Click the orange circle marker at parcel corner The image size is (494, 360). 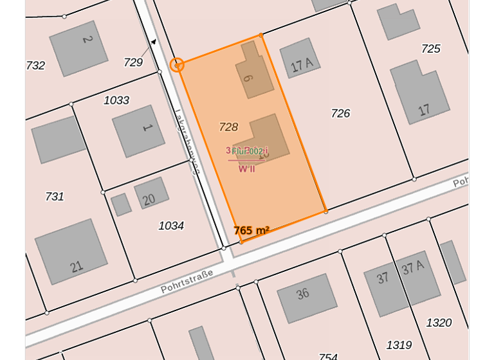point(177,64)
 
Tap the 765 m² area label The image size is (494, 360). point(251,230)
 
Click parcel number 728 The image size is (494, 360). point(228,127)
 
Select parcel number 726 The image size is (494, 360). point(340,113)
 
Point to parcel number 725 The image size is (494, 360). point(430,48)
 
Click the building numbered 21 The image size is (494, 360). point(71,251)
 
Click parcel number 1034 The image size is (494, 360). point(171,226)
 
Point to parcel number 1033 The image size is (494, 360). point(116,100)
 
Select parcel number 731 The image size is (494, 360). point(55,196)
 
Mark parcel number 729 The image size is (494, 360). point(133,62)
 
